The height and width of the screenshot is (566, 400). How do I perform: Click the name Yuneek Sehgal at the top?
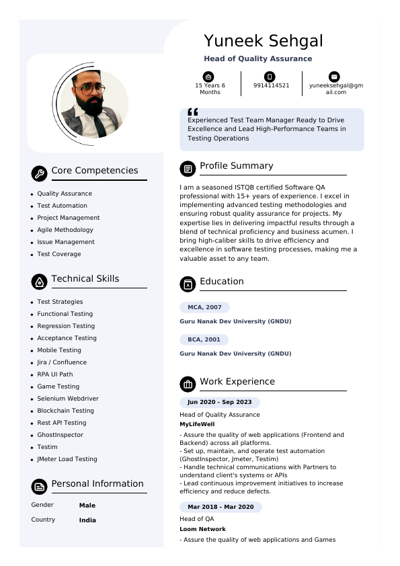pos(263,41)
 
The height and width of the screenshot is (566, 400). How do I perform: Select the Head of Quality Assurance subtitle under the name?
pos(257,59)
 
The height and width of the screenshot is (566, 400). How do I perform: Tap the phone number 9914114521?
pos(271,85)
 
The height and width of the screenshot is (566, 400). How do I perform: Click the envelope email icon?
pos(334,76)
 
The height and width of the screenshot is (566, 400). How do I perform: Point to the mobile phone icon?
pos(270,76)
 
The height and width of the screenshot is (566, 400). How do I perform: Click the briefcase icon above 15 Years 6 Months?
pos(208,76)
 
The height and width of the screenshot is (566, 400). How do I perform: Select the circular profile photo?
pos(93,104)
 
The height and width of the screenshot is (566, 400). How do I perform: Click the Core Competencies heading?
pos(94,171)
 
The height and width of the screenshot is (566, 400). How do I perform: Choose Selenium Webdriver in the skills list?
pos(68,399)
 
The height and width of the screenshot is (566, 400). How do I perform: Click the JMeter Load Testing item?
pos(67,459)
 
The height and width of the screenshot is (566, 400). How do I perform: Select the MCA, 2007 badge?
pos(204,307)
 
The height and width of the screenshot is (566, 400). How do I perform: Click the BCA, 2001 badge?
pos(204,339)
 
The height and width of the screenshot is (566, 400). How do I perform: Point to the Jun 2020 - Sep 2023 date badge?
pos(220,402)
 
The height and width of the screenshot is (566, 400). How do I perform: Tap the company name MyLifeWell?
pos(197,425)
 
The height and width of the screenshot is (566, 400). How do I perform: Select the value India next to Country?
pos(87,520)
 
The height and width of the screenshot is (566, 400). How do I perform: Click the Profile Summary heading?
pos(236,166)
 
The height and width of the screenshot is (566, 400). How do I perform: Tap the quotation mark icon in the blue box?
pos(193,112)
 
